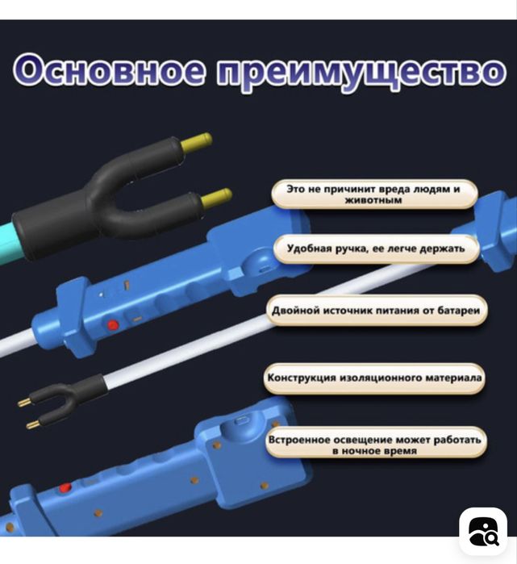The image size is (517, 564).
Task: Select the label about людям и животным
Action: click(x=373, y=194)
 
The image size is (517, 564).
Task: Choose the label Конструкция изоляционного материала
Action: click(x=375, y=377)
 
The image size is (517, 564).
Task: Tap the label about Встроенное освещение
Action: click(x=376, y=443)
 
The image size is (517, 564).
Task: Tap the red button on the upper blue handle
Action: click(x=113, y=324)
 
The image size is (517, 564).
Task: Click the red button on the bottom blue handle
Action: click(x=65, y=488)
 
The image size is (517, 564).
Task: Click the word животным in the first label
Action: click(x=373, y=200)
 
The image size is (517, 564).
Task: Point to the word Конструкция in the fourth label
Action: click(x=301, y=377)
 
